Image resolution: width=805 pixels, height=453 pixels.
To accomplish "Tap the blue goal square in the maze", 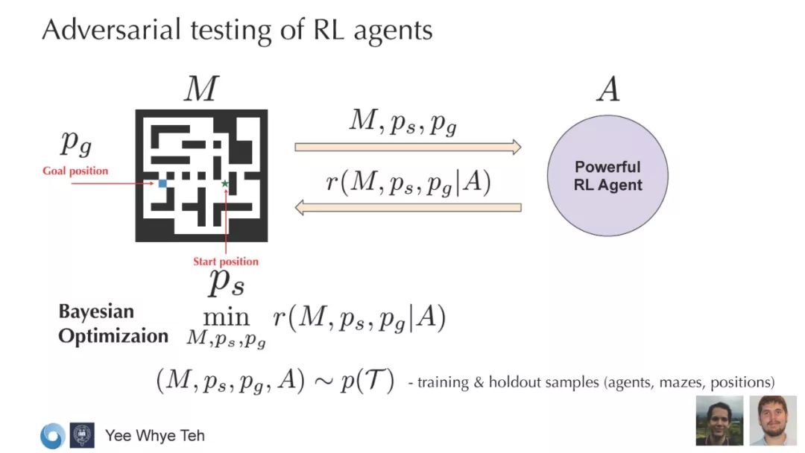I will click(x=162, y=183).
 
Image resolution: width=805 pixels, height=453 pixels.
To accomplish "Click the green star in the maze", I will click(x=225, y=183).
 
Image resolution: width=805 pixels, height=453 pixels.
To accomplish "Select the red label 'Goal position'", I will click(x=75, y=171).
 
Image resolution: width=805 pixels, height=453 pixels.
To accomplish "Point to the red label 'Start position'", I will click(x=226, y=262).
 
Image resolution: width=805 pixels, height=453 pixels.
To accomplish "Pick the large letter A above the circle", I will click(x=607, y=90).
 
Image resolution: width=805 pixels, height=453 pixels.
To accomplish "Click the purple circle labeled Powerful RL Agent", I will click(x=607, y=176).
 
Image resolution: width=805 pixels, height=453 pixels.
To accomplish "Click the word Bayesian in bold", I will click(x=96, y=312).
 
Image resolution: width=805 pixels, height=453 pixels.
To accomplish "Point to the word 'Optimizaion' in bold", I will click(x=113, y=336).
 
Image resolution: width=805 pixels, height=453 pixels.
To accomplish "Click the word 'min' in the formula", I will click(x=226, y=318).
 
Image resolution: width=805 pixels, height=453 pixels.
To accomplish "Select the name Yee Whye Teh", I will click(x=154, y=435).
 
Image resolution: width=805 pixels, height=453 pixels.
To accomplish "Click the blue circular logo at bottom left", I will click(x=52, y=436).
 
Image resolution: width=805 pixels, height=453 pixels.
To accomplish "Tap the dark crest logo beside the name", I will click(x=82, y=435).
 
